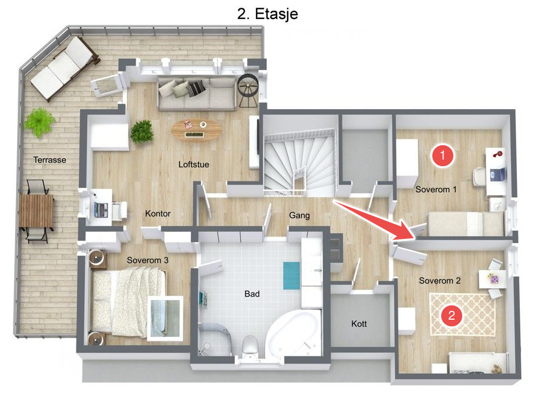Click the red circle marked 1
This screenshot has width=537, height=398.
click(x=443, y=155)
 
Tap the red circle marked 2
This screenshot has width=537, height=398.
click(x=452, y=315)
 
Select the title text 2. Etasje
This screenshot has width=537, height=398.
click(x=267, y=14)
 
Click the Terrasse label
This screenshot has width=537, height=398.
click(x=50, y=160)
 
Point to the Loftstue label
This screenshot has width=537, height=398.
click(x=193, y=164)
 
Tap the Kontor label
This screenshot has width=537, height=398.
click(x=158, y=214)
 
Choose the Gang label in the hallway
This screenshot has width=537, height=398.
click(x=299, y=215)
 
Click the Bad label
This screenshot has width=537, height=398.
click(x=252, y=294)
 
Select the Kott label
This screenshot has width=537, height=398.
click(x=359, y=324)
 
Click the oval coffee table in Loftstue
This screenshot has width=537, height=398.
click(x=196, y=129)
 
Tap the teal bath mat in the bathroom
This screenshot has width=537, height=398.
click(x=292, y=276)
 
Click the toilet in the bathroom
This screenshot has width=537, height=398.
click(x=250, y=346)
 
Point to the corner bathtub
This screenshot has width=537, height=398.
click(x=295, y=335)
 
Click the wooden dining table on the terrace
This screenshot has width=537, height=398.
click(x=36, y=211)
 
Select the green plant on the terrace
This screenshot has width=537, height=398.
click(x=40, y=122)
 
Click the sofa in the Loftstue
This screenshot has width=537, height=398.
click(x=197, y=94)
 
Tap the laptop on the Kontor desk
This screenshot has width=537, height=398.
click(x=101, y=209)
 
